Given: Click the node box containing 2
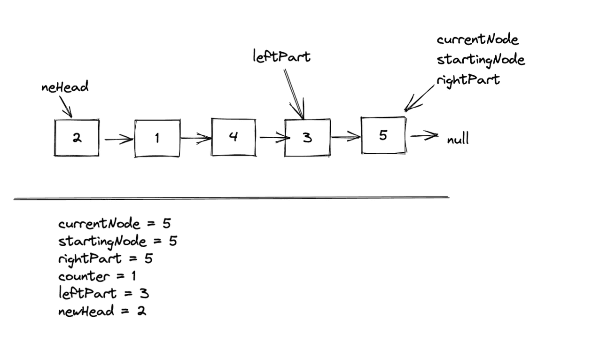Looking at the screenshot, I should pyautogui.click(x=77, y=138).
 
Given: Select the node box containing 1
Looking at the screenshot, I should pyautogui.click(x=157, y=138).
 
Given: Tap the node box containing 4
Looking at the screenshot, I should pyautogui.click(x=234, y=137).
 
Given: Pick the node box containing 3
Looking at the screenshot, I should pyautogui.click(x=307, y=138).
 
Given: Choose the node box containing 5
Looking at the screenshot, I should pyautogui.click(x=383, y=135).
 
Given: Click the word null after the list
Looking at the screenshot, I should pyautogui.click(x=458, y=140).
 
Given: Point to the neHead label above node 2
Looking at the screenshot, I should pyautogui.click(x=65, y=87).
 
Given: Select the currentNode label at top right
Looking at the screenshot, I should pyautogui.click(x=477, y=39).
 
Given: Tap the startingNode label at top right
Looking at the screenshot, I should pyautogui.click(x=481, y=60).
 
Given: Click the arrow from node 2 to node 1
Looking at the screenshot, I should pyautogui.click(x=118, y=139).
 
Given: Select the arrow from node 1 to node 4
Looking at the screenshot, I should pyautogui.click(x=196, y=138).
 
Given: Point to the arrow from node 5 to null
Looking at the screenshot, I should pyautogui.click(x=424, y=136).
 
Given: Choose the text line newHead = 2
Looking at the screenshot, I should pyautogui.click(x=102, y=311).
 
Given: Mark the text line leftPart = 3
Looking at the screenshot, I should pyautogui.click(x=103, y=294).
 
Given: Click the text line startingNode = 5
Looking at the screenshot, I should pyautogui.click(x=117, y=241).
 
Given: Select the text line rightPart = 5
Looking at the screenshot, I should pyautogui.click(x=105, y=258).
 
